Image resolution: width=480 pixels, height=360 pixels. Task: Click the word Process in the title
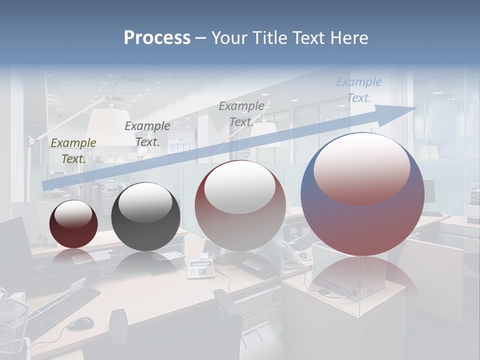click(x=157, y=38)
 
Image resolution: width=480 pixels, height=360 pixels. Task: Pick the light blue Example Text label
click(x=359, y=90)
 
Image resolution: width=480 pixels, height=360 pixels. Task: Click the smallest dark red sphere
click(x=73, y=224)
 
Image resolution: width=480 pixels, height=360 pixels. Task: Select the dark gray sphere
click(x=145, y=217)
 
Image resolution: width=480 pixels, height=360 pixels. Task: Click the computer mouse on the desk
click(x=80, y=323)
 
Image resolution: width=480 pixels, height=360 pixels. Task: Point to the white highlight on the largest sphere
click(x=361, y=167)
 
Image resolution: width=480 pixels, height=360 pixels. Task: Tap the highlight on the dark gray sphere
click(x=145, y=202)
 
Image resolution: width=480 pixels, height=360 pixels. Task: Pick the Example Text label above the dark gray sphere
click(x=147, y=134)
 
